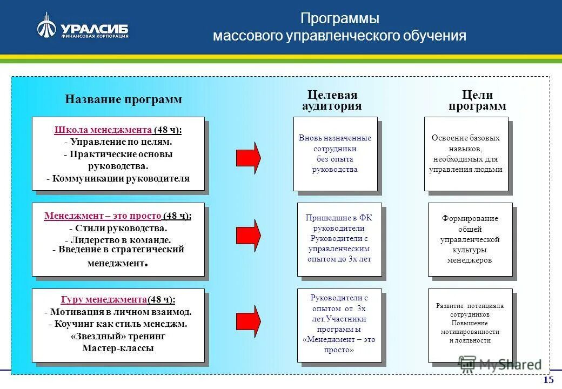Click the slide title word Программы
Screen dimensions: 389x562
point(339,18)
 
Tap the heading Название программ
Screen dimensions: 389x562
point(123,99)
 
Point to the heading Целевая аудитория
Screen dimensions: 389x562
point(332,100)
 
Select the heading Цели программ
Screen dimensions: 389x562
point(477,100)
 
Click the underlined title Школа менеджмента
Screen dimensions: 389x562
point(103,130)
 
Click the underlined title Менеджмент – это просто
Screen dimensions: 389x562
point(103,216)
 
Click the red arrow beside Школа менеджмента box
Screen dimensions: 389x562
point(249,157)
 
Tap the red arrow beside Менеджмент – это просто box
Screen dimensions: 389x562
point(249,234)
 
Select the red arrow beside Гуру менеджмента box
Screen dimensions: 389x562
point(249,321)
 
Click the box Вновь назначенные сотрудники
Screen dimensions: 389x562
point(335,154)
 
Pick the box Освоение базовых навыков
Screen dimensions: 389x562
point(466,154)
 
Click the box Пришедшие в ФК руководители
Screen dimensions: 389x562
point(339,239)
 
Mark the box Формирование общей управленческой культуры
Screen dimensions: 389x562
point(470,239)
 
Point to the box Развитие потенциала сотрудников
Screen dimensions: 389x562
point(470,324)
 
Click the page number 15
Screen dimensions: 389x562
point(548,380)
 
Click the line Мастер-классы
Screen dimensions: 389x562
point(118,348)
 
